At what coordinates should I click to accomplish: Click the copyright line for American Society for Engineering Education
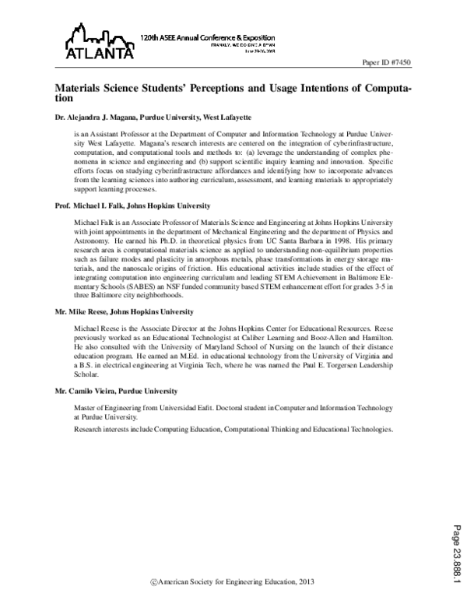point(233,582)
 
